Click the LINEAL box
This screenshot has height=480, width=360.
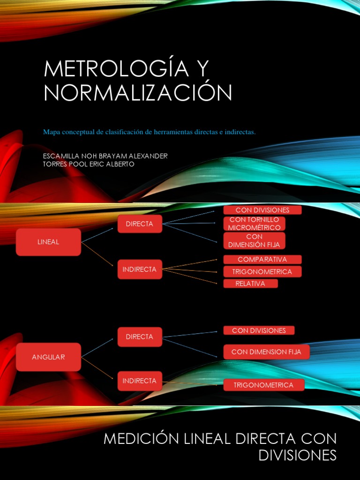tap(48, 242)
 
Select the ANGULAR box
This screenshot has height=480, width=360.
tap(48, 357)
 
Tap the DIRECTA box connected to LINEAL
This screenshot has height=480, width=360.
tap(140, 224)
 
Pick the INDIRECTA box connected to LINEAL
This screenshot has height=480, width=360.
tap(140, 270)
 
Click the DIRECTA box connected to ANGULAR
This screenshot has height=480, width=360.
tap(140, 337)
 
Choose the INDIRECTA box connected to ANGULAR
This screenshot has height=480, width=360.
tap(140, 381)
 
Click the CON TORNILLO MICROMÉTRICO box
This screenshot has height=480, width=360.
tap(255, 224)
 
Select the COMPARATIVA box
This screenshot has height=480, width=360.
tap(262, 259)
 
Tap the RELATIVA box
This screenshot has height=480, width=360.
tap(250, 284)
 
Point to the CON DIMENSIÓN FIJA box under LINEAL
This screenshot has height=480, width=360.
tap(255, 240)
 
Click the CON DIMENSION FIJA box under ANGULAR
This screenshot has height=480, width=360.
tap(266, 352)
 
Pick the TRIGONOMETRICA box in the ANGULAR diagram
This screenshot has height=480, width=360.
tap(264, 385)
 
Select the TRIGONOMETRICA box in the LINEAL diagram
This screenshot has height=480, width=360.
tap(262, 271)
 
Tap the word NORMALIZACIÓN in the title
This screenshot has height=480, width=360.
tap(138, 93)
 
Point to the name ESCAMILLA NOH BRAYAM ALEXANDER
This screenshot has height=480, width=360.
tap(105, 156)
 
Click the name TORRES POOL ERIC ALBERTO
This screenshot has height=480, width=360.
tap(89, 164)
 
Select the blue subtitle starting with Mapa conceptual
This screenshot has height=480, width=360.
tap(149, 132)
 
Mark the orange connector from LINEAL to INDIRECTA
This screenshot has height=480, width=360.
tap(97, 250)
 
